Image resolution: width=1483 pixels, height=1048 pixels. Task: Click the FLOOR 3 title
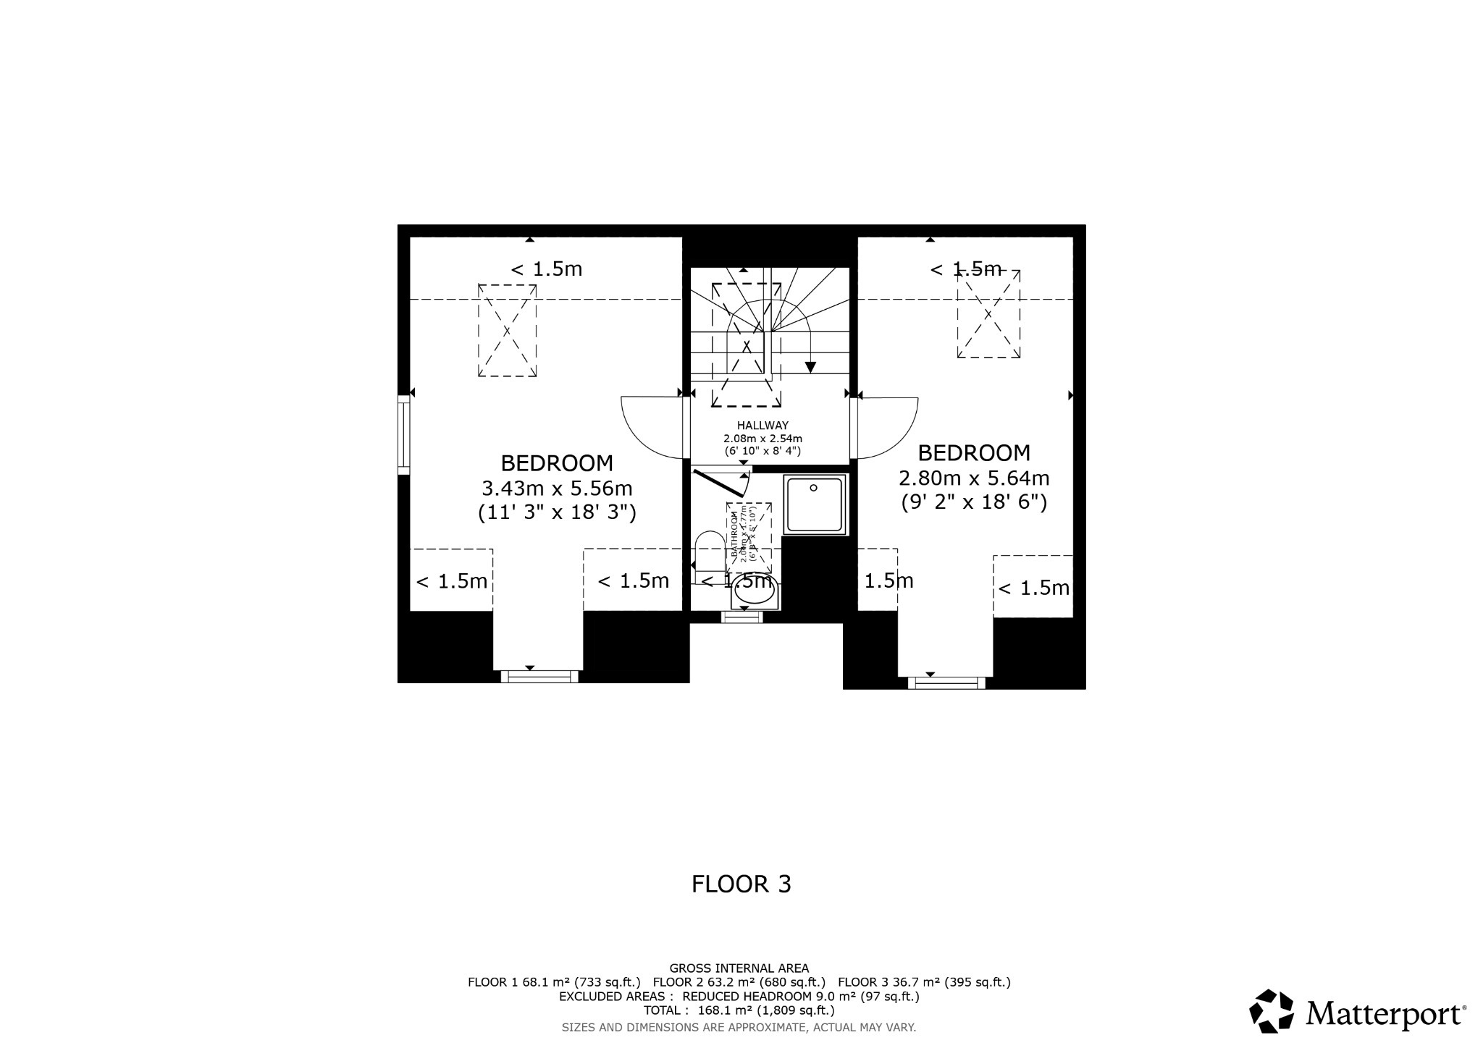(x=741, y=884)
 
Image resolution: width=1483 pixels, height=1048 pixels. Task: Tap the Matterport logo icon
(x=1272, y=1011)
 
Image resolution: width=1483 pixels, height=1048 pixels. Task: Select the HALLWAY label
(x=762, y=426)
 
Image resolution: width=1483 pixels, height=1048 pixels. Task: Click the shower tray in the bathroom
(x=815, y=504)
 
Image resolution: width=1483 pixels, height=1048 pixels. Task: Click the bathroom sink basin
(x=754, y=593)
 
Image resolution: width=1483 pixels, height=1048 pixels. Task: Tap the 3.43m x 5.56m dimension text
(x=557, y=488)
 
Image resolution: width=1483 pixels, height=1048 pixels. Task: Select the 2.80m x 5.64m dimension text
(x=974, y=478)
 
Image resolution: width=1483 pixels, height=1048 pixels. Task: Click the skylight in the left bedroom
(x=507, y=330)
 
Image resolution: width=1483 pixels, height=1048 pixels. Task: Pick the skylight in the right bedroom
(x=988, y=314)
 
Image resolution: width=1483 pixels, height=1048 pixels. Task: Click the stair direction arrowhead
(x=810, y=367)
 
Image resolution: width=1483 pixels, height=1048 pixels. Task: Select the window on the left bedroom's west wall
(x=404, y=434)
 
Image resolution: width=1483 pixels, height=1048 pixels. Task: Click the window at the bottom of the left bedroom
(x=539, y=677)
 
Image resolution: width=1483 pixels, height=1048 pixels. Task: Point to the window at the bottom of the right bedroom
(x=946, y=683)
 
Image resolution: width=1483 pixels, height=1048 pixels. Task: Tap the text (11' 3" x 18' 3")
(x=557, y=512)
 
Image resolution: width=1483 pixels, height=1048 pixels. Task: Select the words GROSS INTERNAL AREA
(x=739, y=968)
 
